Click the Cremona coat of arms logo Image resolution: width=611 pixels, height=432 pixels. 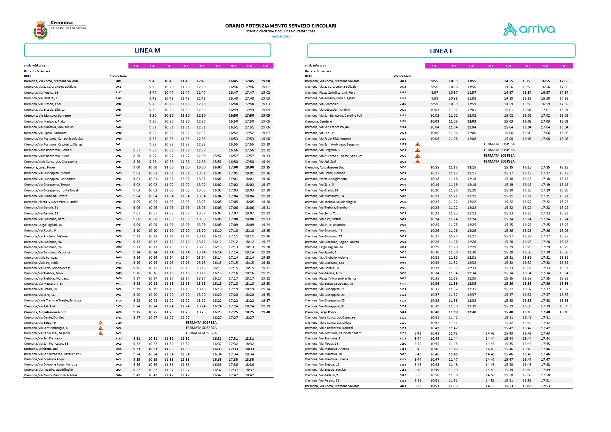pyautogui.click(x=40, y=30)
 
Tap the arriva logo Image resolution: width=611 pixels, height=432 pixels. pyautogui.click(x=529, y=30)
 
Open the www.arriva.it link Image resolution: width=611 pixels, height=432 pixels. pyautogui.click(x=281, y=36)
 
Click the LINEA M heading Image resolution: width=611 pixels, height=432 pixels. pyautogui.click(x=148, y=50)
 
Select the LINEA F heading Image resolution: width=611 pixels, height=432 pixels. pyautogui.click(x=441, y=51)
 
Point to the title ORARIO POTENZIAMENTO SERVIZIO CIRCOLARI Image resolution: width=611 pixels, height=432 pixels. pyautogui.click(x=281, y=26)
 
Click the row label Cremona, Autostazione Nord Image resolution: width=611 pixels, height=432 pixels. pyautogui.click(x=45, y=312)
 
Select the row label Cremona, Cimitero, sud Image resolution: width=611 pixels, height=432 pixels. pyautogui.click(x=41, y=349)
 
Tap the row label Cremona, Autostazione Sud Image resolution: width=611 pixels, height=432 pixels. pyautogui.click(x=324, y=167)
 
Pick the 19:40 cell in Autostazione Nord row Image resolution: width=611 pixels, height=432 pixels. pyautogui.click(x=265, y=312)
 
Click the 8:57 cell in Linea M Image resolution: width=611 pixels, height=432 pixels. pyautogui.click(x=136, y=150)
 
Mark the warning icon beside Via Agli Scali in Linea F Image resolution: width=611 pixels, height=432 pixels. pyautogui.click(x=417, y=162)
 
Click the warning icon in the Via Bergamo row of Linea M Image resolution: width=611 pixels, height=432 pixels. pyautogui.click(x=101, y=323)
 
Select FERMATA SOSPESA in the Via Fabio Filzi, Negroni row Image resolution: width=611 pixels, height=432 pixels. pyautogui.click(x=201, y=333)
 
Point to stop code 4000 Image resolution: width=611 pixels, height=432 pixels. pyautogui.click(x=118, y=312)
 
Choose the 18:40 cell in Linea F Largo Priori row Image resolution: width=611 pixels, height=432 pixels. pyautogui.click(x=564, y=312)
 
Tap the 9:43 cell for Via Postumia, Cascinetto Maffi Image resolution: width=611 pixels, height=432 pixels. pyautogui.click(x=418, y=333)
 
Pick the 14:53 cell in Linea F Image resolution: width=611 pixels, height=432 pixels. pyautogui.click(x=490, y=386)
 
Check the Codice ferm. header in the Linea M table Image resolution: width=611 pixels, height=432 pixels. pyautogui.click(x=118, y=76)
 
